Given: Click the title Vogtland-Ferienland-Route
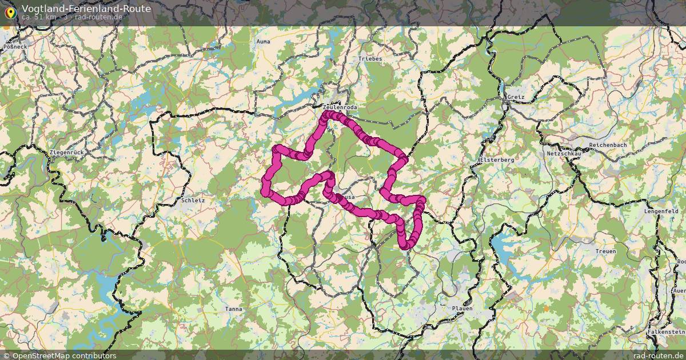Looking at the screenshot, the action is (x=86, y=9).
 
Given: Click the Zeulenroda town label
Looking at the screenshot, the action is (x=339, y=107).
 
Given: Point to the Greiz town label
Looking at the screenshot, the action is (x=515, y=97).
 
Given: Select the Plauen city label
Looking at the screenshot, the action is (x=462, y=309).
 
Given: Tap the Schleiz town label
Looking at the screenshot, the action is (x=193, y=201).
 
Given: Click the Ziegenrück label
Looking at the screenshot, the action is (x=67, y=153).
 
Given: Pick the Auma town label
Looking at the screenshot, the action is (x=264, y=42).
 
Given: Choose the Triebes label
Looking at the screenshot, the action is (x=370, y=59).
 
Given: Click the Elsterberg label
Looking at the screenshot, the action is (x=497, y=160).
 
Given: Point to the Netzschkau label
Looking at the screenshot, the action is (x=564, y=154).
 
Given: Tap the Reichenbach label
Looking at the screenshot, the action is (x=608, y=145).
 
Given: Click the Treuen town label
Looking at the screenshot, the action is (x=606, y=251).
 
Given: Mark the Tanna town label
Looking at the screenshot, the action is (x=233, y=309).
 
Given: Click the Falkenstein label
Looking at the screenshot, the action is (x=666, y=332).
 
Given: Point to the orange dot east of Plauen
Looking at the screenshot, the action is (x=546, y=309).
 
